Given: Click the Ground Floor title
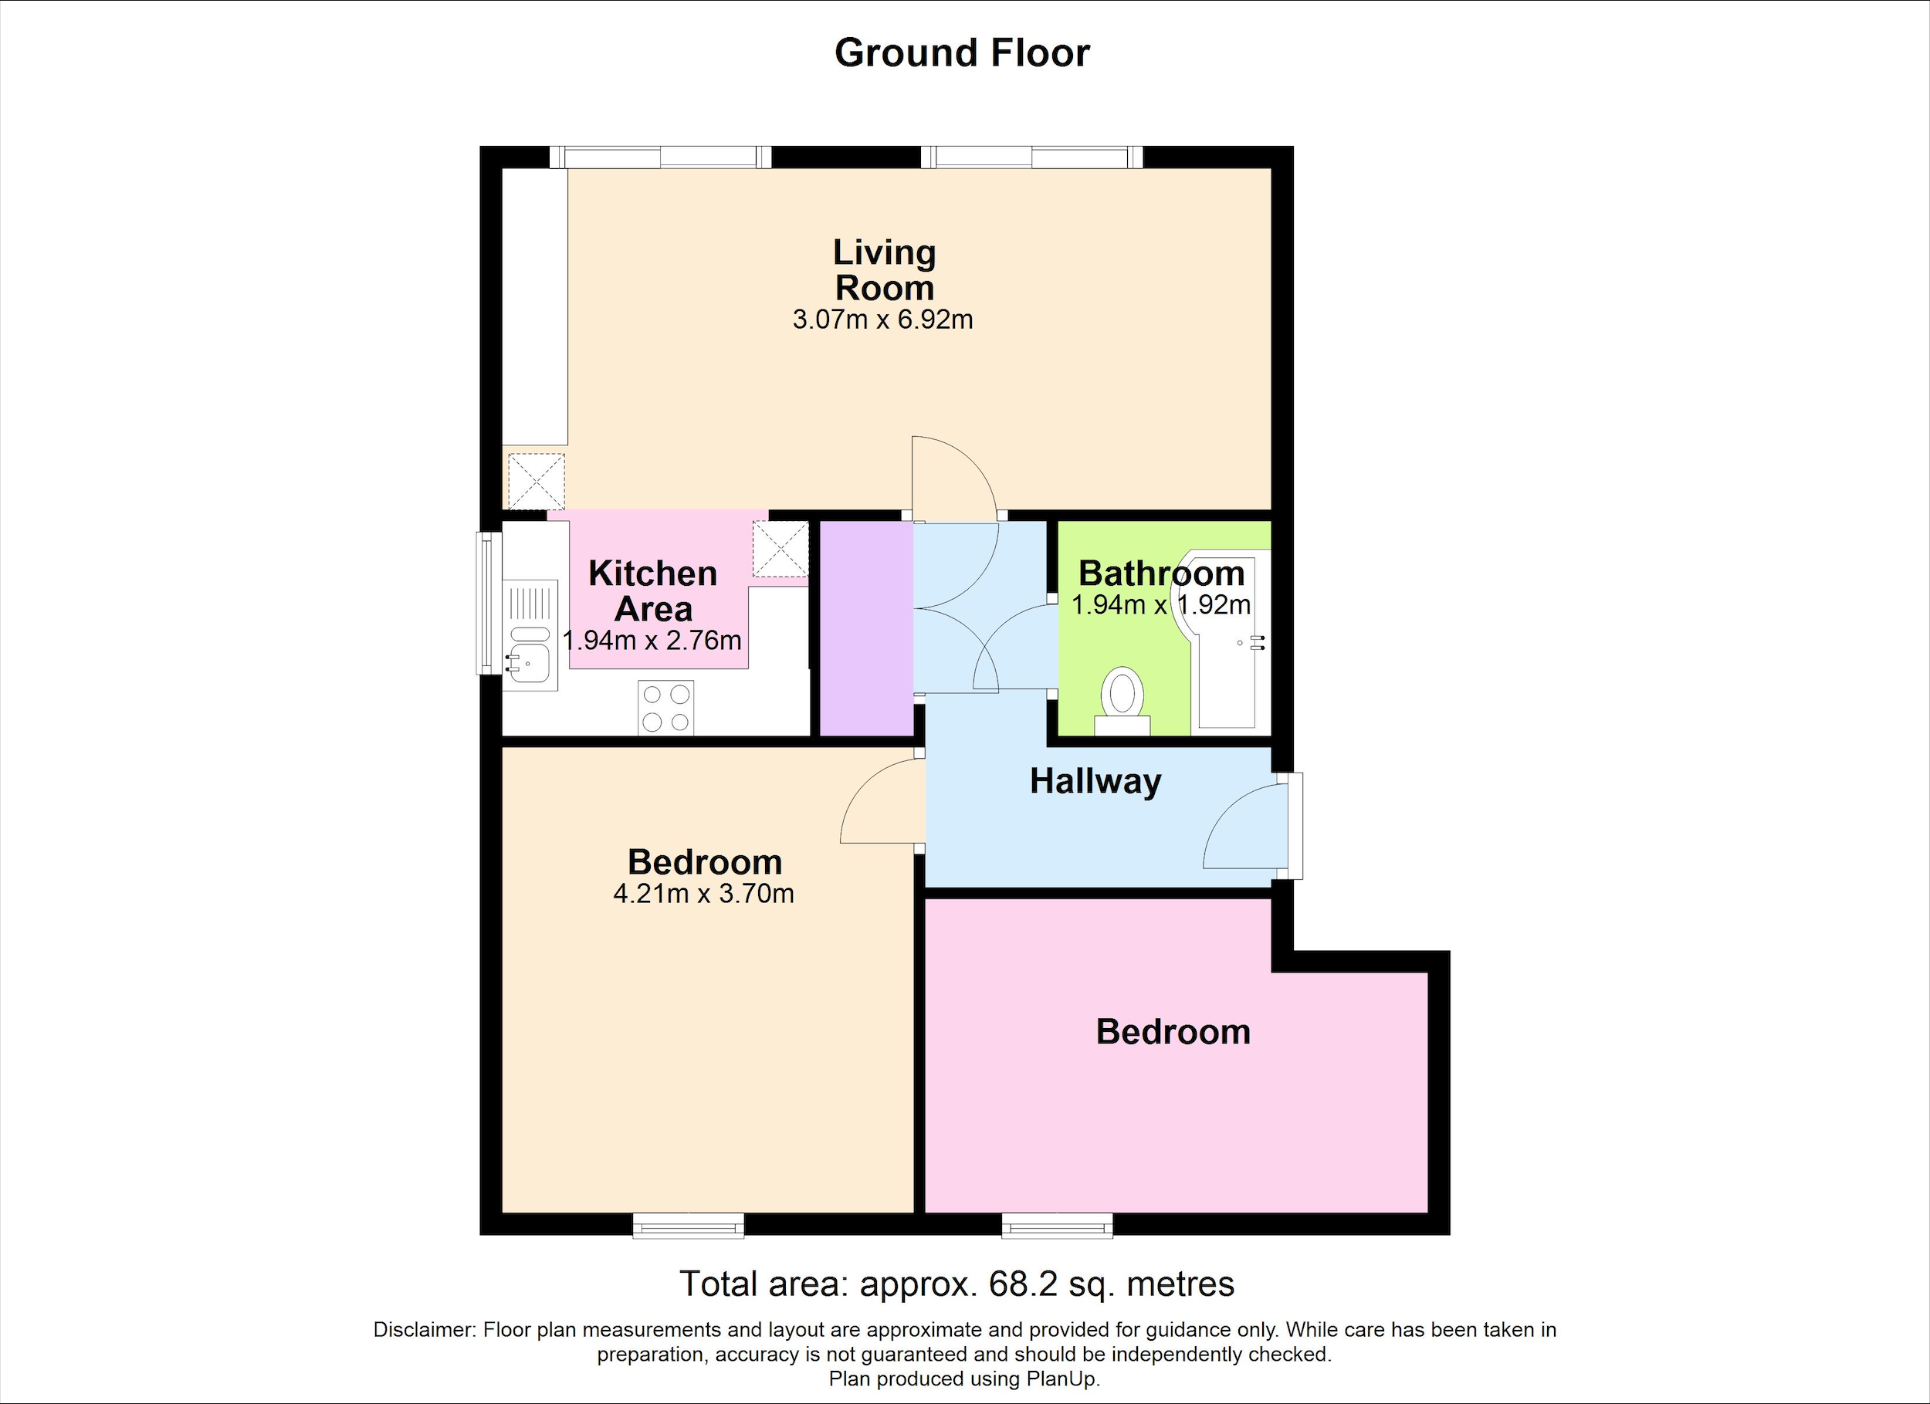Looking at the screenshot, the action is pos(962,52).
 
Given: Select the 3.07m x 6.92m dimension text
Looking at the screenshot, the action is pos(882,320).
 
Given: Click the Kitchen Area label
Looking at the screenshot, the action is pos(652,591).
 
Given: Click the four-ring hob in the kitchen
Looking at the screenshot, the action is pos(665,708).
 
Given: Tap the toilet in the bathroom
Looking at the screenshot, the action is pos(1122,700).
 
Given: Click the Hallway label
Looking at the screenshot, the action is pos(1095,782).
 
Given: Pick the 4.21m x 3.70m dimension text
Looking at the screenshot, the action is pos(704,895).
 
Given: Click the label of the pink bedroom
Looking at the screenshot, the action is pos(1173,1031).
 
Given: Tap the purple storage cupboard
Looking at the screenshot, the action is pos(866,628).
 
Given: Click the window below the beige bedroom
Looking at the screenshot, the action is pos(689,1225).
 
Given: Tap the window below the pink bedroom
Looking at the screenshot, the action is pos(1057,1225).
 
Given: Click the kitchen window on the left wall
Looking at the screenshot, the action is pos(489,604).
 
